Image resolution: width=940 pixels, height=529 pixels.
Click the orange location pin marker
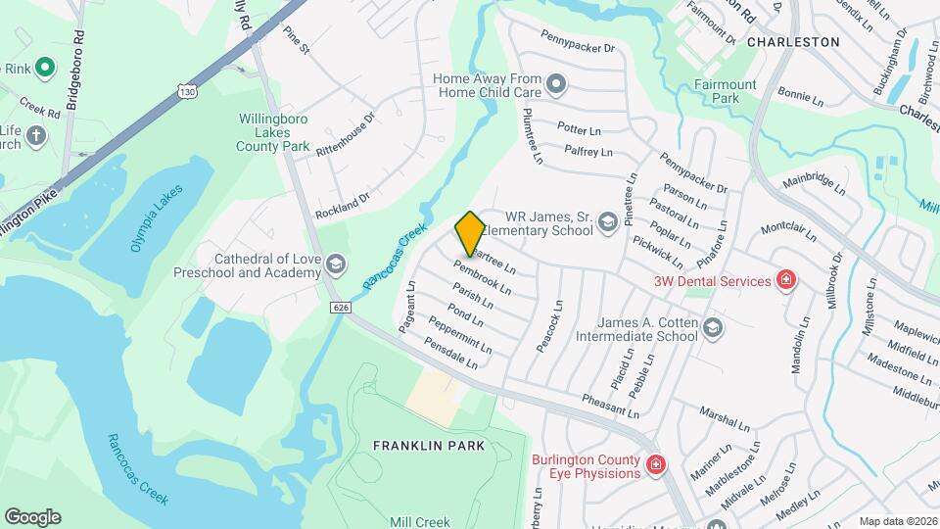[471, 233]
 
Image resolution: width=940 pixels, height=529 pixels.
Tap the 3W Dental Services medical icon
[785, 281]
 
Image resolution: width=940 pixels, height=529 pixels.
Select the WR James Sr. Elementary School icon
[607, 223]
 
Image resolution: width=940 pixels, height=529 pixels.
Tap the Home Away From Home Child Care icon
[557, 84]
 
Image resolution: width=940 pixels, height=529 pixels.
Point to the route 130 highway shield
[186, 91]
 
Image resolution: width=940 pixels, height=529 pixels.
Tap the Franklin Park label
[429, 446]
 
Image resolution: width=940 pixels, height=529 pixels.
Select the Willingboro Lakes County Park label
[273, 132]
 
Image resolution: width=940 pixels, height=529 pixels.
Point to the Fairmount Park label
[726, 91]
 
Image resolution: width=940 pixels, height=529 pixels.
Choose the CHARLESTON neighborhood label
[793, 42]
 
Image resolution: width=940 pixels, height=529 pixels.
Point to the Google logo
[32, 517]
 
